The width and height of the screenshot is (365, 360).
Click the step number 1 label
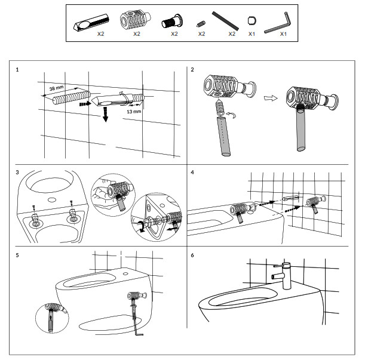17,70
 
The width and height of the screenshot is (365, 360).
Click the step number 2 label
192,70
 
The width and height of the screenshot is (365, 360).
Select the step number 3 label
17,173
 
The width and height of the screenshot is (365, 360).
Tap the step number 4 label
192,173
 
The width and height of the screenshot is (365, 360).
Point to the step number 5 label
17,256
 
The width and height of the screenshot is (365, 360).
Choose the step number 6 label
192,256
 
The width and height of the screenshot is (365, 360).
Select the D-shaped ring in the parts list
251,23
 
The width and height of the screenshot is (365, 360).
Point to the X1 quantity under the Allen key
284,34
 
